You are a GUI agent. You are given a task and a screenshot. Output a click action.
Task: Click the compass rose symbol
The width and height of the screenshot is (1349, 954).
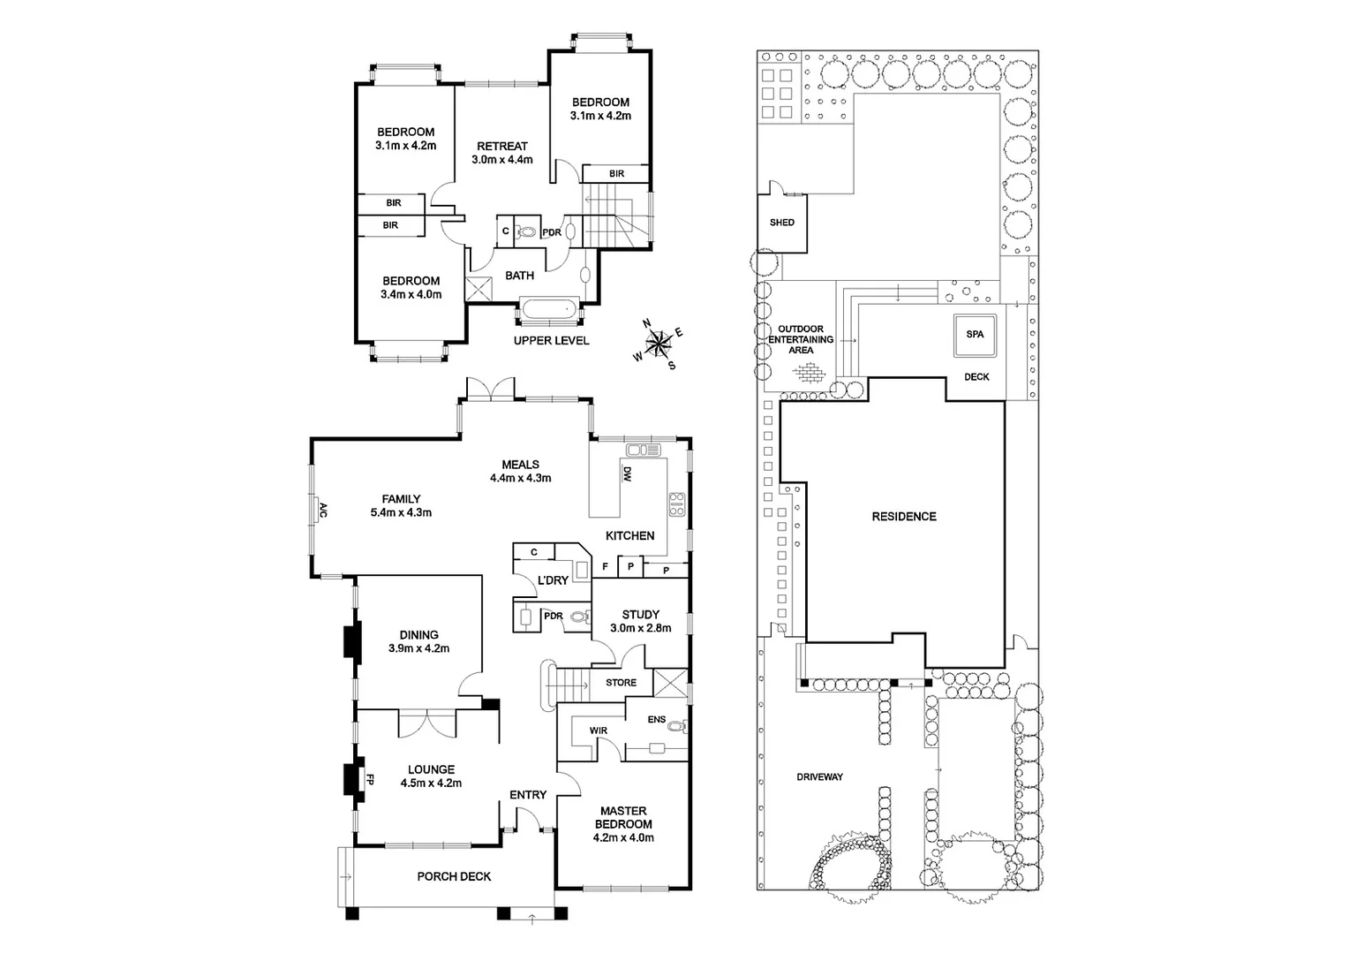tap(658, 344)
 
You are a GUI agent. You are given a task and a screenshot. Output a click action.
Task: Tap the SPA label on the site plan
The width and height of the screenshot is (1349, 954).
tap(975, 335)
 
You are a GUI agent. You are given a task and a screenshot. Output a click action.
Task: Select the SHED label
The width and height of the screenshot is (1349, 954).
tap(781, 223)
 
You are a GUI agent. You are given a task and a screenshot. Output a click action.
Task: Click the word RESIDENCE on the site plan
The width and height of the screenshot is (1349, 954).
tap(903, 517)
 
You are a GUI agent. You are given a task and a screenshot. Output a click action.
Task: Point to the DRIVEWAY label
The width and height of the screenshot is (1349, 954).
tap(819, 777)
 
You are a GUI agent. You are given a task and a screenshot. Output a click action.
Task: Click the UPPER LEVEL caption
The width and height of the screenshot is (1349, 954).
tap(551, 341)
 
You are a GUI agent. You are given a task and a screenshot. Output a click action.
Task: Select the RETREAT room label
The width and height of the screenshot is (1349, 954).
tap(501, 147)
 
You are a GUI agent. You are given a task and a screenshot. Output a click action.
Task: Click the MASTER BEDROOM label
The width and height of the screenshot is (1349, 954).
tap(623, 817)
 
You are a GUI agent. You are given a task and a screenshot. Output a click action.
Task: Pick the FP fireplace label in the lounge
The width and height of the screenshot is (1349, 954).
tap(370, 780)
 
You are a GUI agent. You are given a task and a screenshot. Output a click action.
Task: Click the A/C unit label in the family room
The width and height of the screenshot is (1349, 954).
tap(323, 511)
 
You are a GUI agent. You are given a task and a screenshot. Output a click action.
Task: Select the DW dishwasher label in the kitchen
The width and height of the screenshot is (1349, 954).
tap(627, 475)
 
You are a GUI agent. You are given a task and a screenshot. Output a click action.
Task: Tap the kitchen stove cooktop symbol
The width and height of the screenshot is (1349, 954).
tap(677, 504)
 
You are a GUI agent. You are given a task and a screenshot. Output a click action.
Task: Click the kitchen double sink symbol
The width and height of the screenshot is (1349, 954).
tap(644, 450)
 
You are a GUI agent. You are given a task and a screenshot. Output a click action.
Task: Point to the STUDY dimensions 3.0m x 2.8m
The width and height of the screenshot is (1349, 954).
tap(640, 629)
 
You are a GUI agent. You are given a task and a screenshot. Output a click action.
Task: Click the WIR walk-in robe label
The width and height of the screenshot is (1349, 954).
tap(598, 731)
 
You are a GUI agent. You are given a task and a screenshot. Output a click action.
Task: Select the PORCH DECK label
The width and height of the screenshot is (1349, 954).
tap(454, 876)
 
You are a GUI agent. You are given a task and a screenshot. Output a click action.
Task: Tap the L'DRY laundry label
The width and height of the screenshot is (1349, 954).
tap(553, 580)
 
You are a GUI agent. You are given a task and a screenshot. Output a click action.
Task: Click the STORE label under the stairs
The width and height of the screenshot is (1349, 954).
tap(621, 683)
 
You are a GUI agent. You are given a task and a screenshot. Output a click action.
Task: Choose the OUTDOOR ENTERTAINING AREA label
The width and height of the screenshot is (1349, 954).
tap(801, 339)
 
